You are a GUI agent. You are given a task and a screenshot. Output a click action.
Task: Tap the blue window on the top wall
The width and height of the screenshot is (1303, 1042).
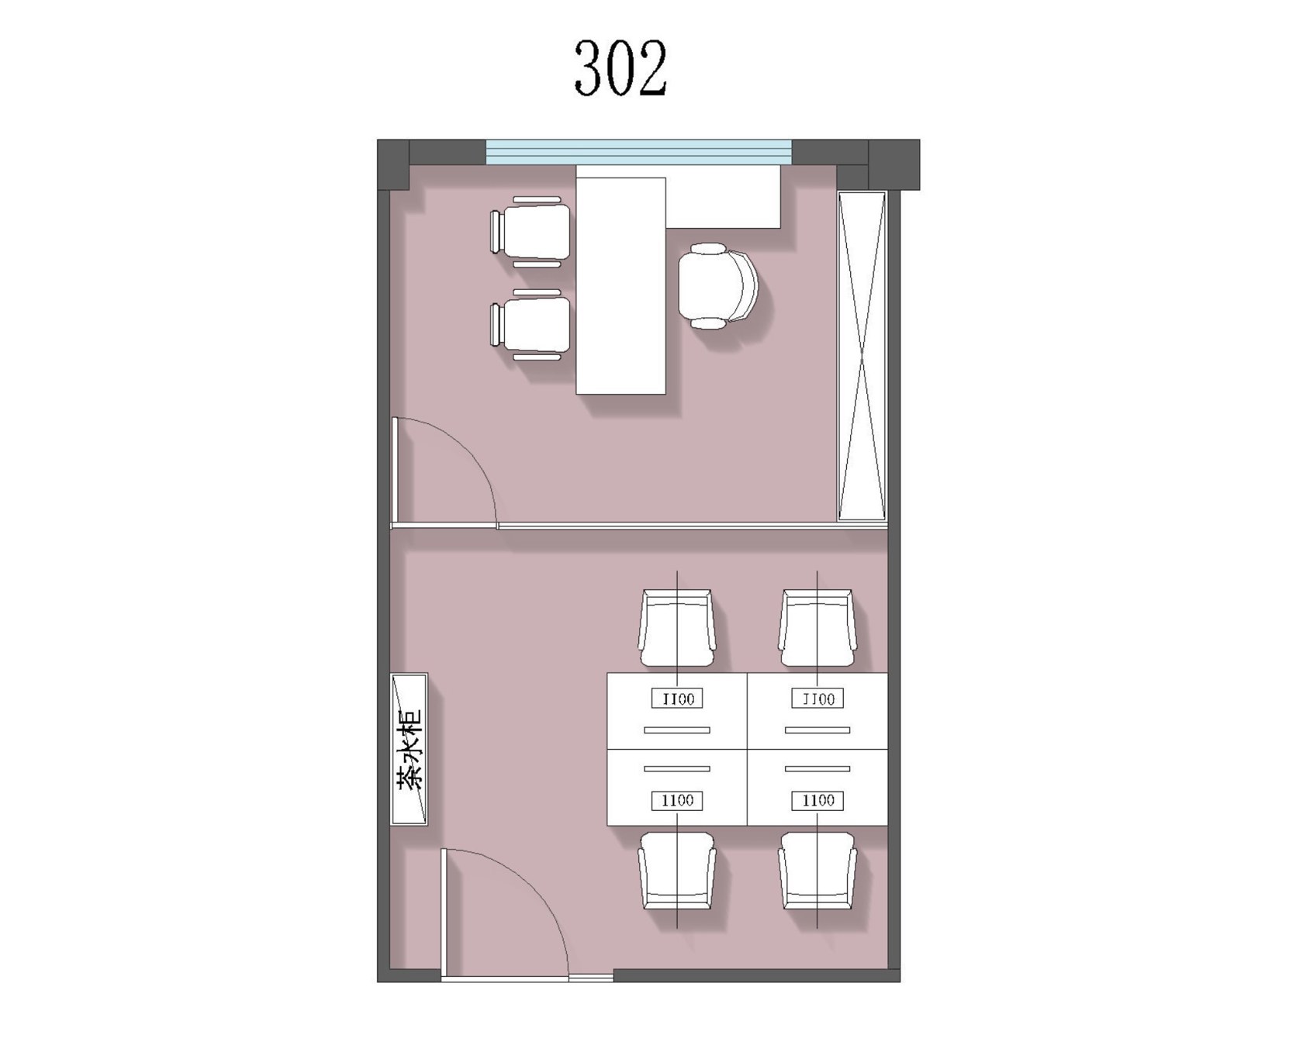pos(638,152)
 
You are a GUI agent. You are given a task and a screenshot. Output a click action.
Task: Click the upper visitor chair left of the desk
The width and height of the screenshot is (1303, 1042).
pos(531,232)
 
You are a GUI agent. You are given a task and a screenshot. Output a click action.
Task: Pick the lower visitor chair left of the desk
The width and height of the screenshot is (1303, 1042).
pos(531,325)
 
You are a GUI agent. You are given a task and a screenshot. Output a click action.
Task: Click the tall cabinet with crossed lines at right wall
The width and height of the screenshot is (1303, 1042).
pos(862,356)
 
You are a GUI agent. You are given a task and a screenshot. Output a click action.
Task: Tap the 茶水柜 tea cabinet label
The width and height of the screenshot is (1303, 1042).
pos(409,749)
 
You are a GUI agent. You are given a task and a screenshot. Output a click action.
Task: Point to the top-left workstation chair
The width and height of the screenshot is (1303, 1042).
pos(677,628)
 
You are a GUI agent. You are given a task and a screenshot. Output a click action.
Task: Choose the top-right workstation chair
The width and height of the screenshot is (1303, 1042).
pos(817,628)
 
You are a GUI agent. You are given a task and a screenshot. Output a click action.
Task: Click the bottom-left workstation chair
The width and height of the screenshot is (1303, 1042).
pos(677,871)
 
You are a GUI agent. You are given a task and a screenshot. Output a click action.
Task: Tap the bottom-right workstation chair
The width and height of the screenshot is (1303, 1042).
pos(817,871)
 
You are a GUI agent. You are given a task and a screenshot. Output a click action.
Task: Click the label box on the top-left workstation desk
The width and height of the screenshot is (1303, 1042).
pos(677,699)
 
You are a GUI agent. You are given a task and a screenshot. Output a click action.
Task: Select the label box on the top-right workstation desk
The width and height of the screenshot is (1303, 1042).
pos(817,699)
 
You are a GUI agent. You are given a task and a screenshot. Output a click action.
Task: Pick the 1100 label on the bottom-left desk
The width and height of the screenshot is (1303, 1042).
pos(677,800)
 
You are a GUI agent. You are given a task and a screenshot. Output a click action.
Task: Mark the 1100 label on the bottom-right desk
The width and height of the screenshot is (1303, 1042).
pos(817,800)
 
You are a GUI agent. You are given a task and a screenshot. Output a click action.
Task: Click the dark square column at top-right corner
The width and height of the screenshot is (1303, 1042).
pos(893,164)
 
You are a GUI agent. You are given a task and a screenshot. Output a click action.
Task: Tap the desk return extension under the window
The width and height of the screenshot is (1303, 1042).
pos(723,196)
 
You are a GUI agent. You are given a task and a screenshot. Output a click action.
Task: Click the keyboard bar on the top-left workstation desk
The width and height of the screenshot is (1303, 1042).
pos(677,730)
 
